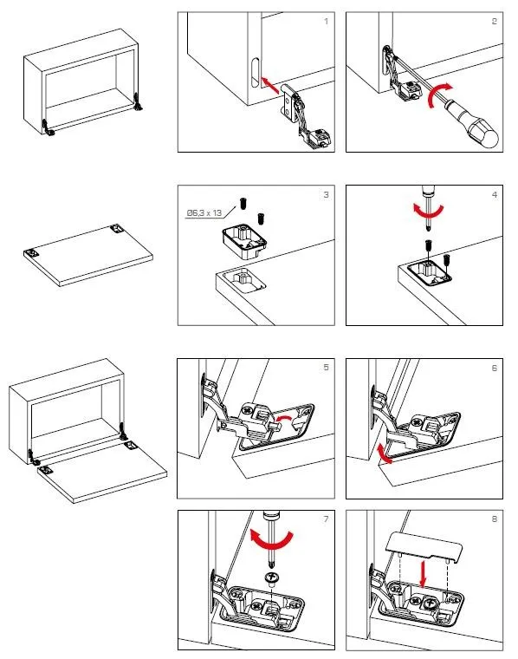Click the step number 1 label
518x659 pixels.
[327, 22]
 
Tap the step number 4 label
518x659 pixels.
[495, 194]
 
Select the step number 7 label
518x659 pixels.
[327, 519]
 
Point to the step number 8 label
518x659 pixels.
[495, 519]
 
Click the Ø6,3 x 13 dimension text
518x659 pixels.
[204, 213]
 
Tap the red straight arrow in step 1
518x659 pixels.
[269, 85]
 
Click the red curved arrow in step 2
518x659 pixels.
[437, 95]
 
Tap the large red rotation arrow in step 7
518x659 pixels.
[271, 541]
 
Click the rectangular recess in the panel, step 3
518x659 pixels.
[244, 279]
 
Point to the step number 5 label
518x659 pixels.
[327, 368]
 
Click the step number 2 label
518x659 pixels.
[495, 22]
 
